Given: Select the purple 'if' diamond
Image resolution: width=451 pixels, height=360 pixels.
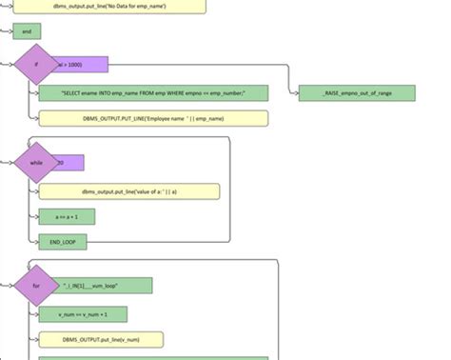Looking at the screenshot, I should (36, 65).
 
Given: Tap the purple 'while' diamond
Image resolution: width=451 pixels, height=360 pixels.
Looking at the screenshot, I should (36, 163).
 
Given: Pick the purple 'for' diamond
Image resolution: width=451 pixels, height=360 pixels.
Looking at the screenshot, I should (36, 286).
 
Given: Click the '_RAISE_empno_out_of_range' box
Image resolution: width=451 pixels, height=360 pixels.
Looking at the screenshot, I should (356, 93).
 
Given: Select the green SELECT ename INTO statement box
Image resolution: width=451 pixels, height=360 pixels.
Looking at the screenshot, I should (153, 93).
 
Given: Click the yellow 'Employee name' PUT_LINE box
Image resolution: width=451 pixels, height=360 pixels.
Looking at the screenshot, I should (153, 118).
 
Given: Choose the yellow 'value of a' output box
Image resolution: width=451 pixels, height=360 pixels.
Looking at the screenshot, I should (129, 191).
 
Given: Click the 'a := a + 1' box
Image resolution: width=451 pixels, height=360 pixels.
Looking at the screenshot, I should (67, 217).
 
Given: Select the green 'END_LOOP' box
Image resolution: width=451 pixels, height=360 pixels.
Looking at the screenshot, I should (63, 242).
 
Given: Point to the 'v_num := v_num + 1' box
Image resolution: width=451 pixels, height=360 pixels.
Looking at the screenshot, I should (83, 314).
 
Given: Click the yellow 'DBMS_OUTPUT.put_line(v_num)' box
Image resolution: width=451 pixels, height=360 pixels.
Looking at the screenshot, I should (101, 339).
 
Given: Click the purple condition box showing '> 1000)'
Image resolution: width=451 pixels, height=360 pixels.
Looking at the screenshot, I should (84, 65).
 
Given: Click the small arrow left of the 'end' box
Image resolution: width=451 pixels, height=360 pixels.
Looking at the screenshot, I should (6, 31).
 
